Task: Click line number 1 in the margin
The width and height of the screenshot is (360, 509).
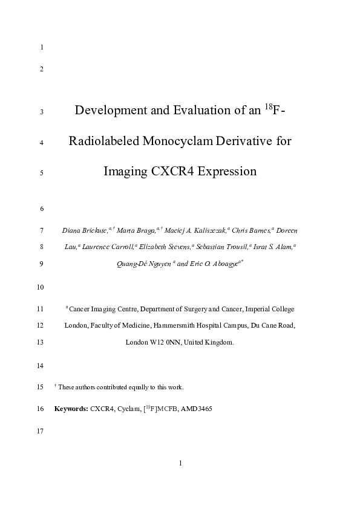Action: pyautogui.click(x=41, y=47)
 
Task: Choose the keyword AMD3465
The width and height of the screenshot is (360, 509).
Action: pyautogui.click(x=197, y=409)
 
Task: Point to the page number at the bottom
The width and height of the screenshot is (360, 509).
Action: pyautogui.click(x=180, y=464)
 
